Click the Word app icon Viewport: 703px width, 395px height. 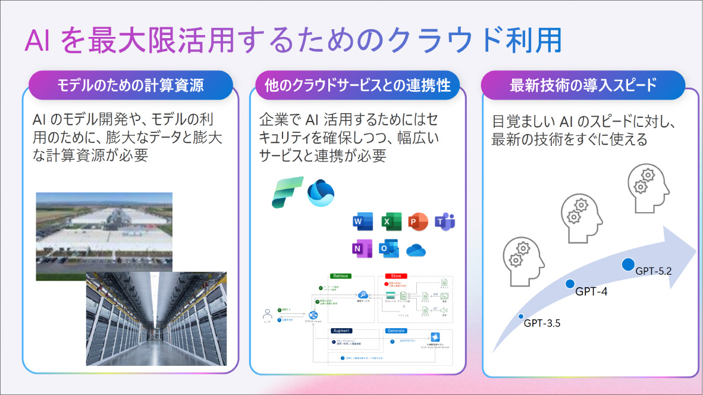[362, 222]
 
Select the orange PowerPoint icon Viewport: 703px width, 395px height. [418, 222]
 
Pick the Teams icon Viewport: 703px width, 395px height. [445, 222]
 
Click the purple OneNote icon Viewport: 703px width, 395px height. [362, 248]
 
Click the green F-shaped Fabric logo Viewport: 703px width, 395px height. [287, 192]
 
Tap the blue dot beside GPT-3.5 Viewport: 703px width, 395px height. [521, 316]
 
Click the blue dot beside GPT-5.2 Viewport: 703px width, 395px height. [628, 264]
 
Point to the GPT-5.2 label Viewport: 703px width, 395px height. [654, 271]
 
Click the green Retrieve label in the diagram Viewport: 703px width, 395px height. [342, 276]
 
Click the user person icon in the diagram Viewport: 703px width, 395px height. [267, 313]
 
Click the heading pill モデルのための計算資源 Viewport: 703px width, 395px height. [130, 85]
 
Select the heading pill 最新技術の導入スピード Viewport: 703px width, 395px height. [583, 85]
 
